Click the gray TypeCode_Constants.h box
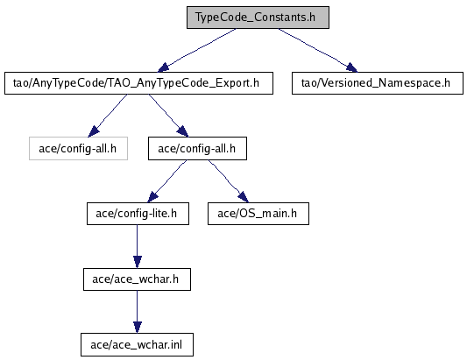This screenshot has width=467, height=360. point(258,18)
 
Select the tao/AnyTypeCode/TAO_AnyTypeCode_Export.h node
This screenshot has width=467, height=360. point(138,83)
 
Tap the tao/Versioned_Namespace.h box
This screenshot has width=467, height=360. point(378,83)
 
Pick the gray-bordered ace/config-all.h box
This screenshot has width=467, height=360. point(78,149)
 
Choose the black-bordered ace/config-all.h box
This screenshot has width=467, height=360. point(197,149)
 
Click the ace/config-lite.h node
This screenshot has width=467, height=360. point(138,214)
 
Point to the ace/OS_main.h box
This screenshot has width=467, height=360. point(258,214)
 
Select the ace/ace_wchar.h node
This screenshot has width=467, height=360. point(137,279)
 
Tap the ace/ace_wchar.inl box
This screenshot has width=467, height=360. point(137,345)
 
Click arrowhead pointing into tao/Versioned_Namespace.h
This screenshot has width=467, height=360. point(351,67)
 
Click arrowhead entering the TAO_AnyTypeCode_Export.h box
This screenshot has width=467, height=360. point(164,67)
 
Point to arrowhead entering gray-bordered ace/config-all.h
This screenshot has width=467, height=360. point(94,132)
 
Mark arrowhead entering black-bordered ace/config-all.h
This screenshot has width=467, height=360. point(182,131)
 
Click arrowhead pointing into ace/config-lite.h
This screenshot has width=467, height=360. point(153,197)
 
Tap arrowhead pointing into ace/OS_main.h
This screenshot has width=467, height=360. point(243,197)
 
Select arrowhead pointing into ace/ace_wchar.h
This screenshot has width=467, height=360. point(138,262)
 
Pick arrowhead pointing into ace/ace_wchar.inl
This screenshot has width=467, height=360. point(138,328)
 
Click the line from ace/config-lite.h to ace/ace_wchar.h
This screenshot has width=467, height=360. point(138,241)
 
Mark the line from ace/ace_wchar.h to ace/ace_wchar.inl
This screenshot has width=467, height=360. point(138,306)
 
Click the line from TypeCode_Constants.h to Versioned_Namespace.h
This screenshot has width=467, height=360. point(313,46)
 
